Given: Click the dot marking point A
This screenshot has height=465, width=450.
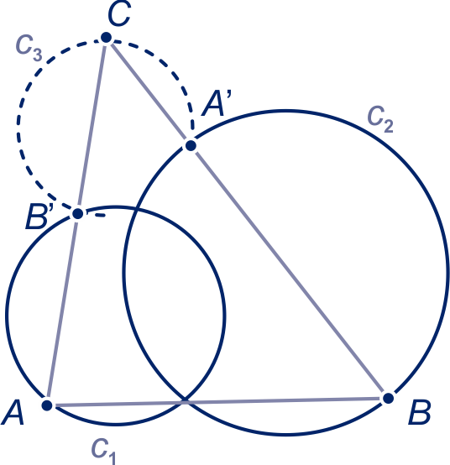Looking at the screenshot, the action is point(47,405).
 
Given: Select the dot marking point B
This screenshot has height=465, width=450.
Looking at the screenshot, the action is point(388,399).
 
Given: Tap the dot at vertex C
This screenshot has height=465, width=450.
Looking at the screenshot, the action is point(106,38).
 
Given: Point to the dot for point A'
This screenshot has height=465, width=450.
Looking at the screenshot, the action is point(191,145).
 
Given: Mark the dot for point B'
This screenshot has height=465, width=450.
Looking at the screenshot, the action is point(78,213).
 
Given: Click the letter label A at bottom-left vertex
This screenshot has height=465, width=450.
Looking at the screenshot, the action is point(13,412).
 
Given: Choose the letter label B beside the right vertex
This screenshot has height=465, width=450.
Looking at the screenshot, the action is point(420,412).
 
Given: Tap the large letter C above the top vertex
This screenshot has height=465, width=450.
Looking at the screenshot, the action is point(119,14).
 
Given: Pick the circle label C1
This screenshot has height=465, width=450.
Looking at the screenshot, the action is point(103,452).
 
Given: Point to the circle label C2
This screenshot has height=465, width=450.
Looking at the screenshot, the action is point(380,120).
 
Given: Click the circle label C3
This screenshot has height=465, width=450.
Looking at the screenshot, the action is point(29,48).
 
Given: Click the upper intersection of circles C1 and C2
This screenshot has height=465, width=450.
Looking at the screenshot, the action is point(136,210).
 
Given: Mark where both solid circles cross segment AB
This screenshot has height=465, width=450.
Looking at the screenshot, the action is point(185,402).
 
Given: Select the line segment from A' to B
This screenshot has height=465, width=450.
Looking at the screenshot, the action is point(290,272).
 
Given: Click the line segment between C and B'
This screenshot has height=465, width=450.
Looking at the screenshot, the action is point(92,125).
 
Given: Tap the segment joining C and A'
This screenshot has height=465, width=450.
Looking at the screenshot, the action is point(149,91).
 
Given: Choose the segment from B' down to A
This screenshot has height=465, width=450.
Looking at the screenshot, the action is point(62,310).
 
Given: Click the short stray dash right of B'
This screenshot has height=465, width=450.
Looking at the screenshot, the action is point(100,215).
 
